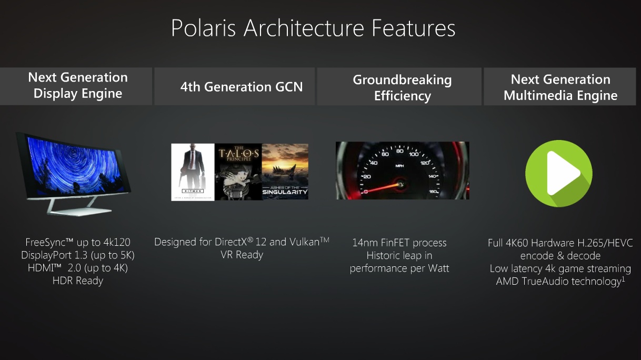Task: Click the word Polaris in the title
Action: point(204,28)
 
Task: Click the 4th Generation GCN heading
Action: point(242,87)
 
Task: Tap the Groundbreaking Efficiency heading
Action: point(402,87)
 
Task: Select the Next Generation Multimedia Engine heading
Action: point(560,87)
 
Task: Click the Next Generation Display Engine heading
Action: point(78,85)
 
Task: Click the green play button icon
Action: point(559,173)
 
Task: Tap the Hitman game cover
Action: point(193,172)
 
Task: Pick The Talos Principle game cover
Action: point(238,172)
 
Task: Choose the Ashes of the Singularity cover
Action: point(285,172)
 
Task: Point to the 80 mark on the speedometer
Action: point(400,152)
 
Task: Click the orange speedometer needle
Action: point(382,188)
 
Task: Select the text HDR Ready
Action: point(78,281)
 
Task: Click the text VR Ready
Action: point(242,254)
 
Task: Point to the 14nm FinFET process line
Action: point(399,243)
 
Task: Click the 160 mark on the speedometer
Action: point(433,192)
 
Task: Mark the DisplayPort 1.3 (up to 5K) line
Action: point(78,255)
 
